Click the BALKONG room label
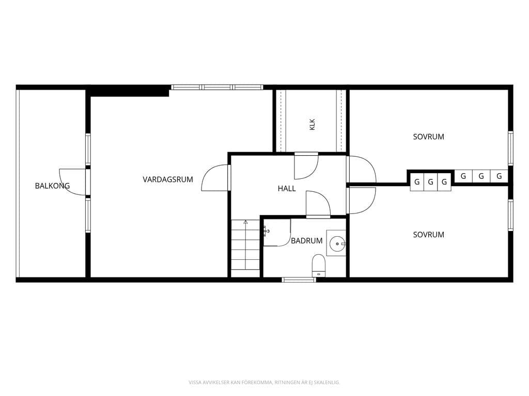[x=52, y=186]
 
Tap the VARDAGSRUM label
[x=168, y=179]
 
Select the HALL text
[x=287, y=189]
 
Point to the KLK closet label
[x=312, y=124]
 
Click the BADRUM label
[x=307, y=241]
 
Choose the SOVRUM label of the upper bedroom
[x=428, y=137]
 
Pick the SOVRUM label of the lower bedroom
[x=428, y=235]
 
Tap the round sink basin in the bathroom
[x=337, y=243]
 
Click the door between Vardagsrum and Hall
[x=215, y=178]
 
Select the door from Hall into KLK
[x=306, y=166]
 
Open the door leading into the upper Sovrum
[x=362, y=169]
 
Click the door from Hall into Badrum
[x=318, y=203]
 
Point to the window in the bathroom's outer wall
[x=299, y=279]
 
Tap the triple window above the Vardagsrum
[x=217, y=87]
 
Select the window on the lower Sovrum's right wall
[x=510, y=216]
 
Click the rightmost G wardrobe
[x=499, y=176]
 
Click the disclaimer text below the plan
[x=264, y=382]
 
